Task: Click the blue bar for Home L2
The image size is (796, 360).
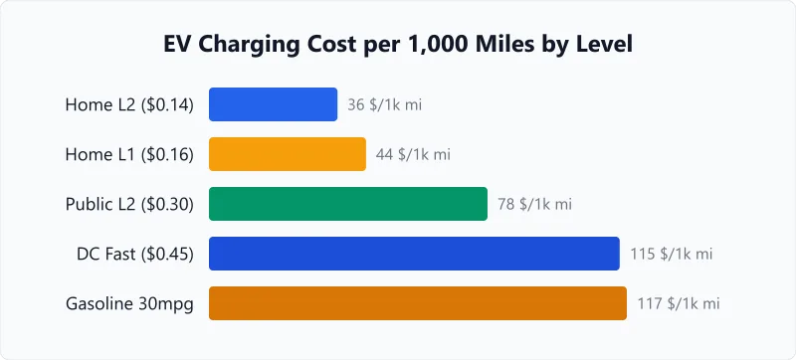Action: point(273,104)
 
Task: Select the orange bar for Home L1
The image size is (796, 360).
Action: point(287,154)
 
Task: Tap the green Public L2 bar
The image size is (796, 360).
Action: point(347,204)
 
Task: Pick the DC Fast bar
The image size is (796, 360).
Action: point(414,254)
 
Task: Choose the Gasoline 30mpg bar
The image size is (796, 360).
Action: point(417,303)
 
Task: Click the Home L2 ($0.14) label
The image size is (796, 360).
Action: point(129,104)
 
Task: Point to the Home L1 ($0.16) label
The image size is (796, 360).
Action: point(129,154)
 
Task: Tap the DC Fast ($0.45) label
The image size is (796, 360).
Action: point(135,254)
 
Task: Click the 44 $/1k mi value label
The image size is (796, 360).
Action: point(413,154)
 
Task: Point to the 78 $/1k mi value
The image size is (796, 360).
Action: point(535,204)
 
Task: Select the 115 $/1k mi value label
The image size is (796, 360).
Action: point(672,254)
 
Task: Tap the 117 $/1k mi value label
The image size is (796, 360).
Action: point(679,303)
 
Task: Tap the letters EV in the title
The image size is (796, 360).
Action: point(178,46)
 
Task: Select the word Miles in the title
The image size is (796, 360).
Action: point(490,46)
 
